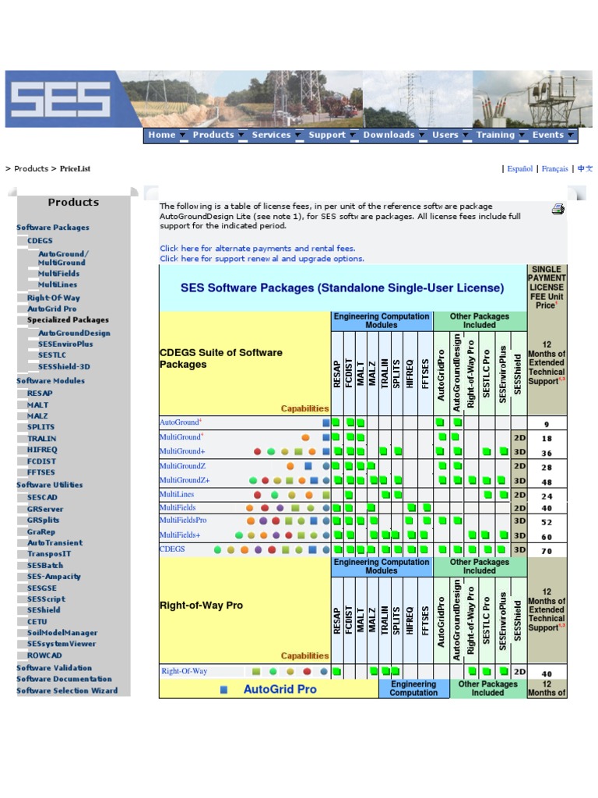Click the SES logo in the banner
(x=60, y=99)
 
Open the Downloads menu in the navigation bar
(x=389, y=135)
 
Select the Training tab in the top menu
(x=495, y=135)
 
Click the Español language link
(x=520, y=168)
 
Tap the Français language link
(x=554, y=168)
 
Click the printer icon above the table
(x=558, y=209)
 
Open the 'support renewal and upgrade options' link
(x=262, y=259)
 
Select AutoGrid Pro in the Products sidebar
(x=52, y=309)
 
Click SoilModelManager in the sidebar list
(x=62, y=633)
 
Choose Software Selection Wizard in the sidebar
(x=67, y=690)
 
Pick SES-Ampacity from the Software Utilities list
(x=54, y=577)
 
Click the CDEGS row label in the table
(x=172, y=549)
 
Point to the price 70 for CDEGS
(x=547, y=550)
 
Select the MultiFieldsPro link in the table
(x=183, y=520)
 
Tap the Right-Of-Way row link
(x=185, y=671)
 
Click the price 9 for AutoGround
(x=547, y=425)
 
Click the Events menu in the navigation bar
(x=548, y=135)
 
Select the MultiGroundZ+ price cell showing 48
(x=547, y=482)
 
